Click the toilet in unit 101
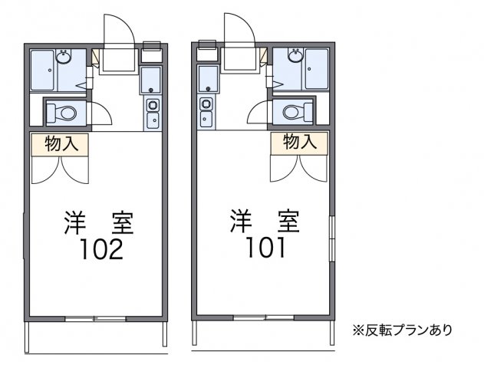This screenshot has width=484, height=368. click(x=295, y=113)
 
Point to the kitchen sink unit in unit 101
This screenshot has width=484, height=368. click(x=206, y=112)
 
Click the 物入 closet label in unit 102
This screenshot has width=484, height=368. click(x=61, y=143)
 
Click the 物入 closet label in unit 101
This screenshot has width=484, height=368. click(x=299, y=143)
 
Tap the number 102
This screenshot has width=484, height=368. click(x=100, y=249)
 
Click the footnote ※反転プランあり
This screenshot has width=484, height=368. click(x=402, y=330)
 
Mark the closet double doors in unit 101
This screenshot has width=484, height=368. click(x=299, y=169)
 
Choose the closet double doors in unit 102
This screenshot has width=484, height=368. click(x=61, y=169)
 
